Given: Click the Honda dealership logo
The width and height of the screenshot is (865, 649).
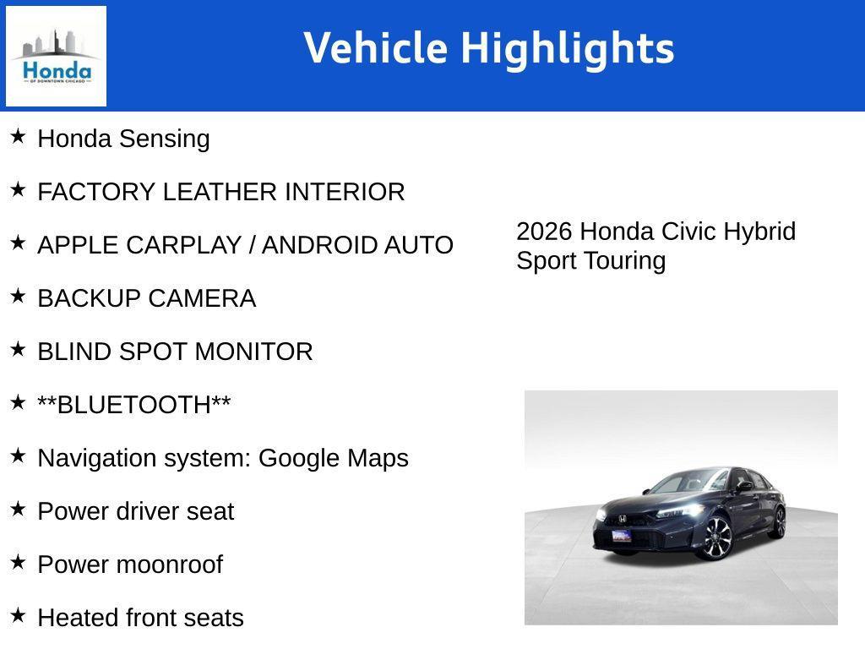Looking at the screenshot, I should (56, 56).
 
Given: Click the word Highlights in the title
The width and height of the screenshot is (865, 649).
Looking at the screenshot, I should (567, 48).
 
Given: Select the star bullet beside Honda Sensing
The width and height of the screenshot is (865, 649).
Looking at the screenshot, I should (18, 136).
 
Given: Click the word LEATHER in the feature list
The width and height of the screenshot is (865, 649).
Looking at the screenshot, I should (220, 192).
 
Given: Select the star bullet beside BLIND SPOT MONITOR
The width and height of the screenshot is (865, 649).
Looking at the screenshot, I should (18, 349).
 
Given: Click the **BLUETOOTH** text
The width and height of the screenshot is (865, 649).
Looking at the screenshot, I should (133, 405).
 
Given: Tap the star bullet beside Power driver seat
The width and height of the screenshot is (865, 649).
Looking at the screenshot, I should (18, 509).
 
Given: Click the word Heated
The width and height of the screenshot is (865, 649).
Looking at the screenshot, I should (79, 618).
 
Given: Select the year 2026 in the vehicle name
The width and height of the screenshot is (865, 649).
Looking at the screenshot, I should (544, 232).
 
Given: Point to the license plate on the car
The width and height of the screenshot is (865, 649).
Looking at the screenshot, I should (622, 535).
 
